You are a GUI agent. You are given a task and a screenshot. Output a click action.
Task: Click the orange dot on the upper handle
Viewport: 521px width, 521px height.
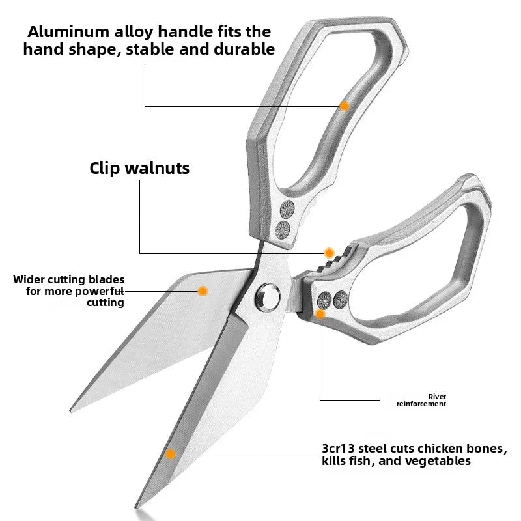345,106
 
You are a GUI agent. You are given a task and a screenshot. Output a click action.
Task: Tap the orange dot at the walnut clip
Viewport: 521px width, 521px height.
329,252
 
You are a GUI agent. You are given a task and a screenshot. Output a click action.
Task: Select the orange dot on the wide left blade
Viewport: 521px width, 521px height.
203,290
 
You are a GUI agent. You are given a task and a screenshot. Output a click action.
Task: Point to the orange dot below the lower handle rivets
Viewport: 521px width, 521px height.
320,315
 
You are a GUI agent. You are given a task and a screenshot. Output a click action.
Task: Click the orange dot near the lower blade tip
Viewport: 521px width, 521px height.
170,455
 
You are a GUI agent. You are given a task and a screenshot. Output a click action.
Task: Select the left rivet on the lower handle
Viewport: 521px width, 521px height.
323,299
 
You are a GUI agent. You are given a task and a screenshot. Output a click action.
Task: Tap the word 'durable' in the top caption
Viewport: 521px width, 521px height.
243,49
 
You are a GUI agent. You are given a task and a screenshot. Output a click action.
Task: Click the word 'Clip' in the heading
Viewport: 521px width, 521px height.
109,168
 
